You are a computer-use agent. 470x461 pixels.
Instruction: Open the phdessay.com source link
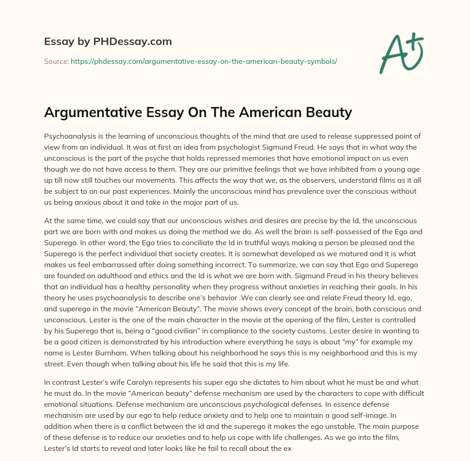(x=204, y=61)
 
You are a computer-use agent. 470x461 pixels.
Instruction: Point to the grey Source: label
(x=56, y=61)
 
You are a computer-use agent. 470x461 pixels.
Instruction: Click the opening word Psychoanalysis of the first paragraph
(x=71, y=136)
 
